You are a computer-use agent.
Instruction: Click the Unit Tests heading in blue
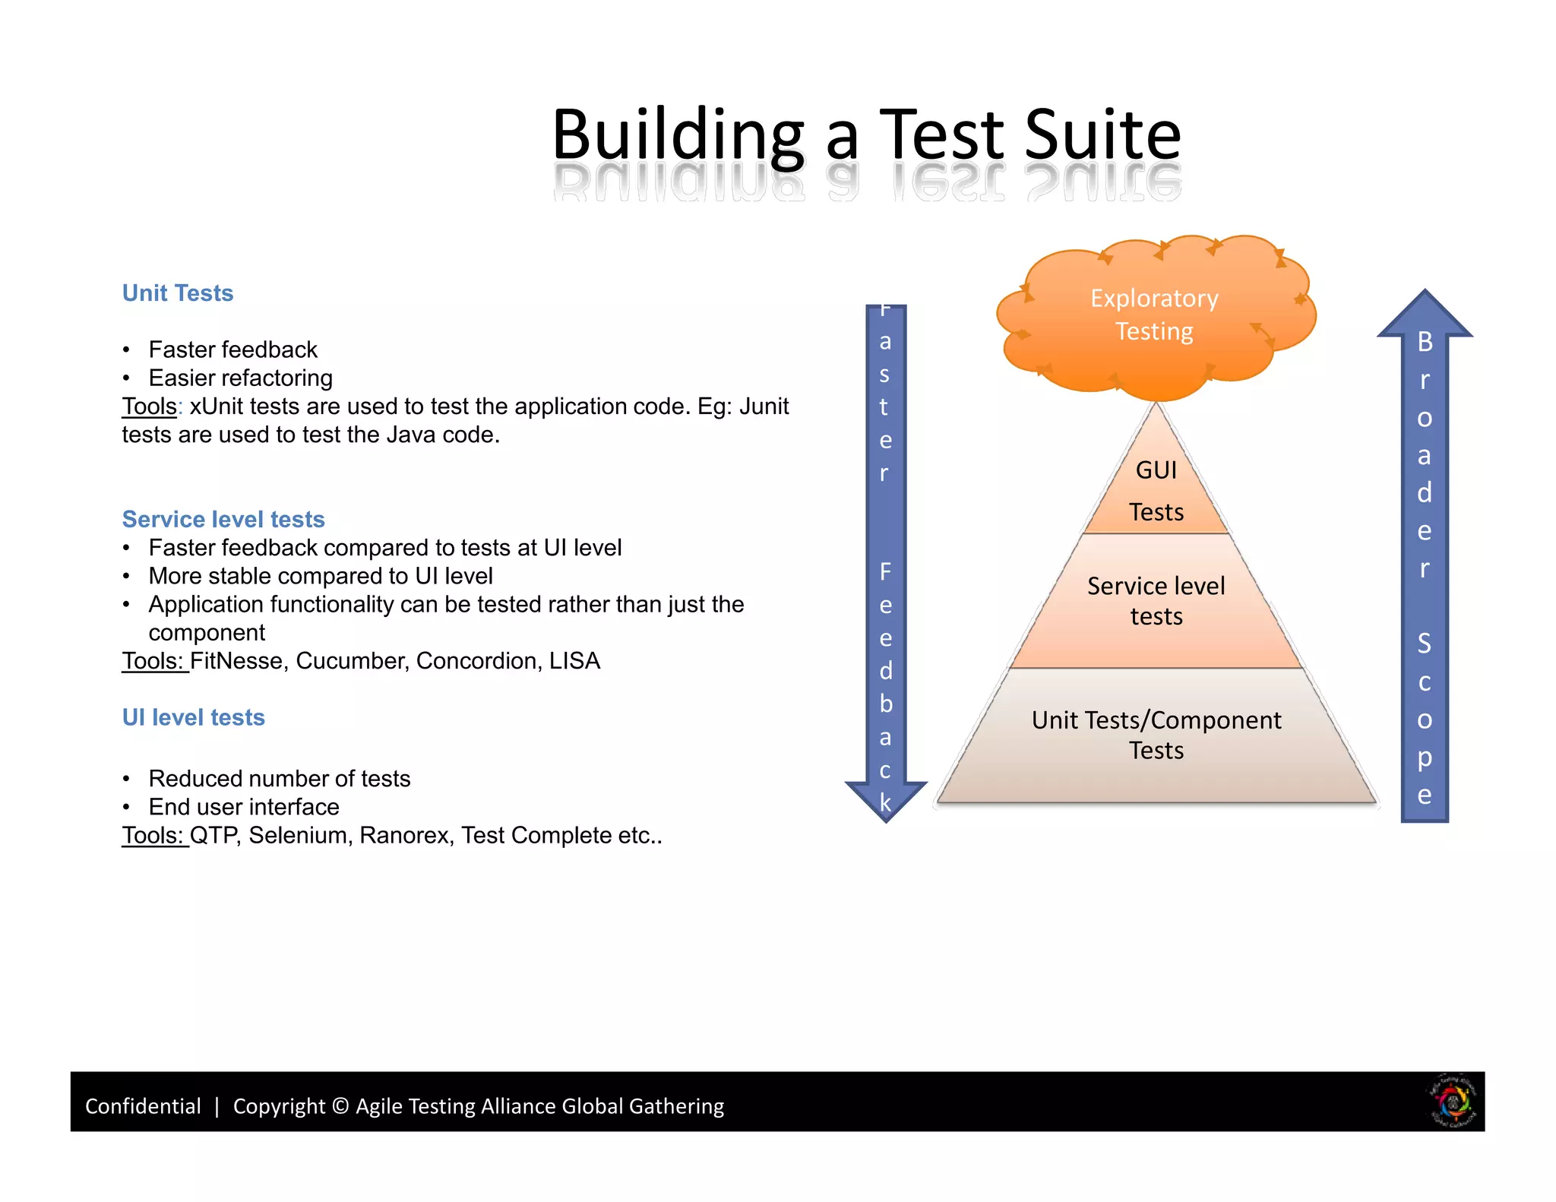178,293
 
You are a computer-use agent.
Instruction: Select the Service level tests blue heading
223,519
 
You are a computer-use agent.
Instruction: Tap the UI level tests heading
194,717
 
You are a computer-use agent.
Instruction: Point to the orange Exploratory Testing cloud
1154,315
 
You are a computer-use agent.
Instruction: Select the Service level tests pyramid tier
1156,601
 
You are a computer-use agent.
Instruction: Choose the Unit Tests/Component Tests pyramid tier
1156,735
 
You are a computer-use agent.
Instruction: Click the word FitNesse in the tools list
237,661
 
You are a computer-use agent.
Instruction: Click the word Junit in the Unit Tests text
764,406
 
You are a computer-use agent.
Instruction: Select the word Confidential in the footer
143,1106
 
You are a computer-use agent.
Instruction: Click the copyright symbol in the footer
340,1106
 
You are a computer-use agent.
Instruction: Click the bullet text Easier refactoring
240,378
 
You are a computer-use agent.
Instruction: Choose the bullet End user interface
243,807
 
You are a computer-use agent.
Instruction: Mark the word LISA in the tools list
574,661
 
